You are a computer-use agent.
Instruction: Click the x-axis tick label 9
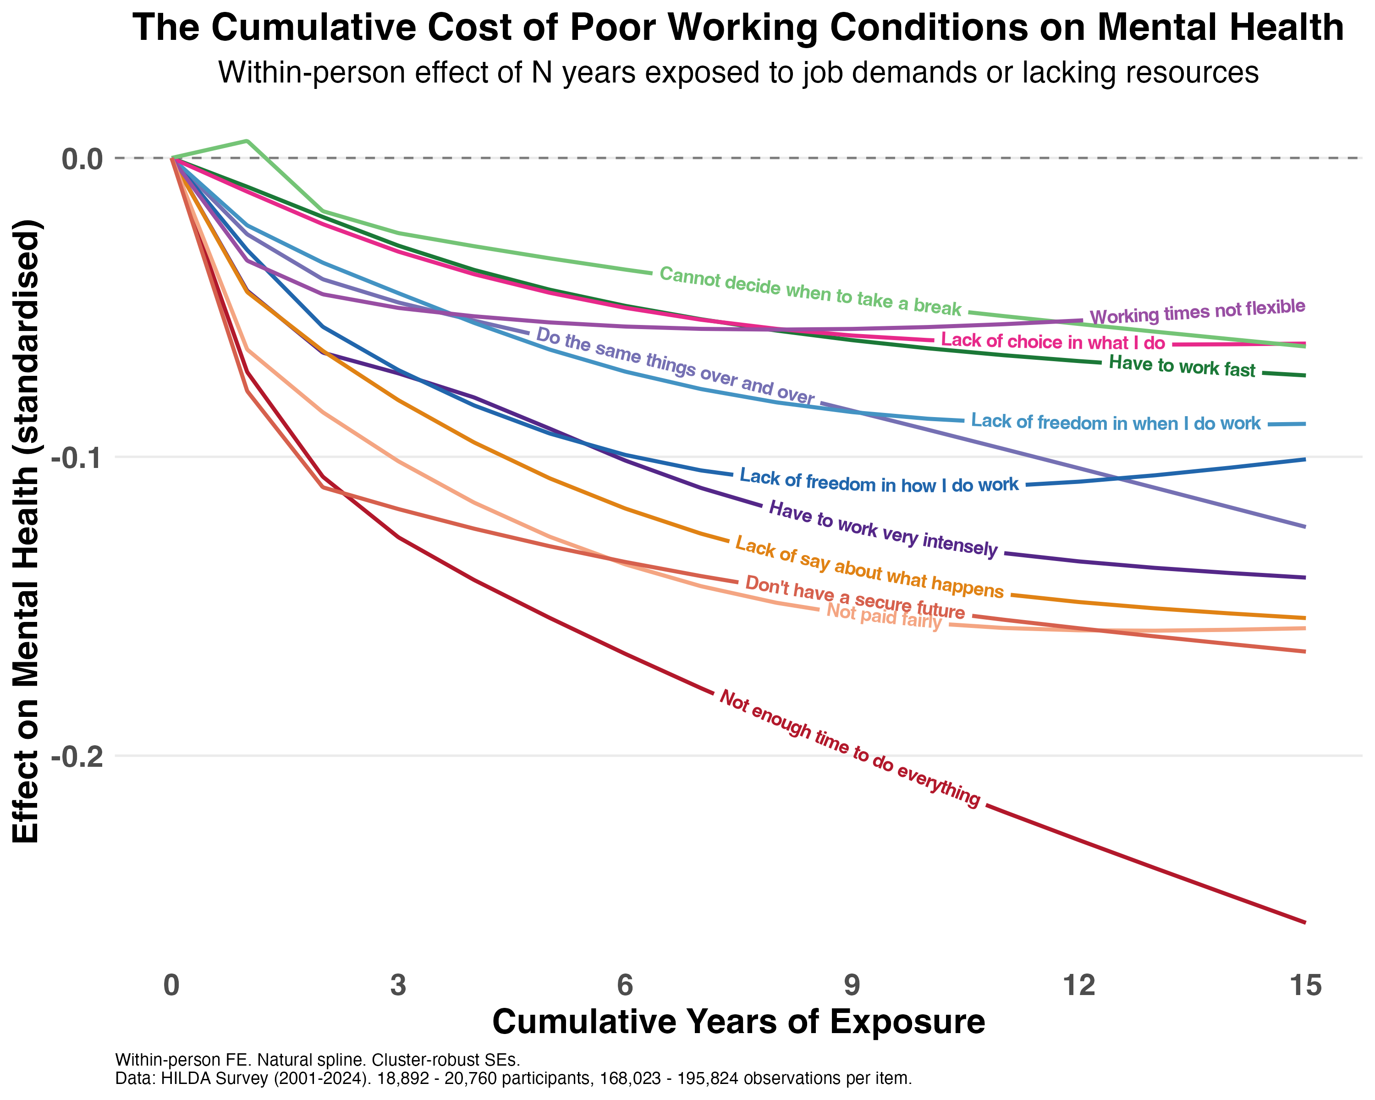coord(852,986)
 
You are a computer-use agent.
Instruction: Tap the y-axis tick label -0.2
coord(77,756)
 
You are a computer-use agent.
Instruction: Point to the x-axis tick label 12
coord(1078,986)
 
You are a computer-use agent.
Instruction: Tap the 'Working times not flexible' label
coord(1197,312)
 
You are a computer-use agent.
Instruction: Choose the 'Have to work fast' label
coord(1182,367)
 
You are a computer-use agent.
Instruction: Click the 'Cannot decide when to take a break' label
coord(810,291)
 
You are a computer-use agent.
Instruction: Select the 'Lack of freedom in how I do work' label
coord(879,481)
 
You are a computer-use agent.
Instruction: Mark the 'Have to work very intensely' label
coord(883,528)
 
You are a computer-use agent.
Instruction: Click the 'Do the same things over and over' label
coord(675,367)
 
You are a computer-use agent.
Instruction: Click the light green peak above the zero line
coord(247,140)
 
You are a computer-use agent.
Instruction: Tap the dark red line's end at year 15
coord(1305,922)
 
